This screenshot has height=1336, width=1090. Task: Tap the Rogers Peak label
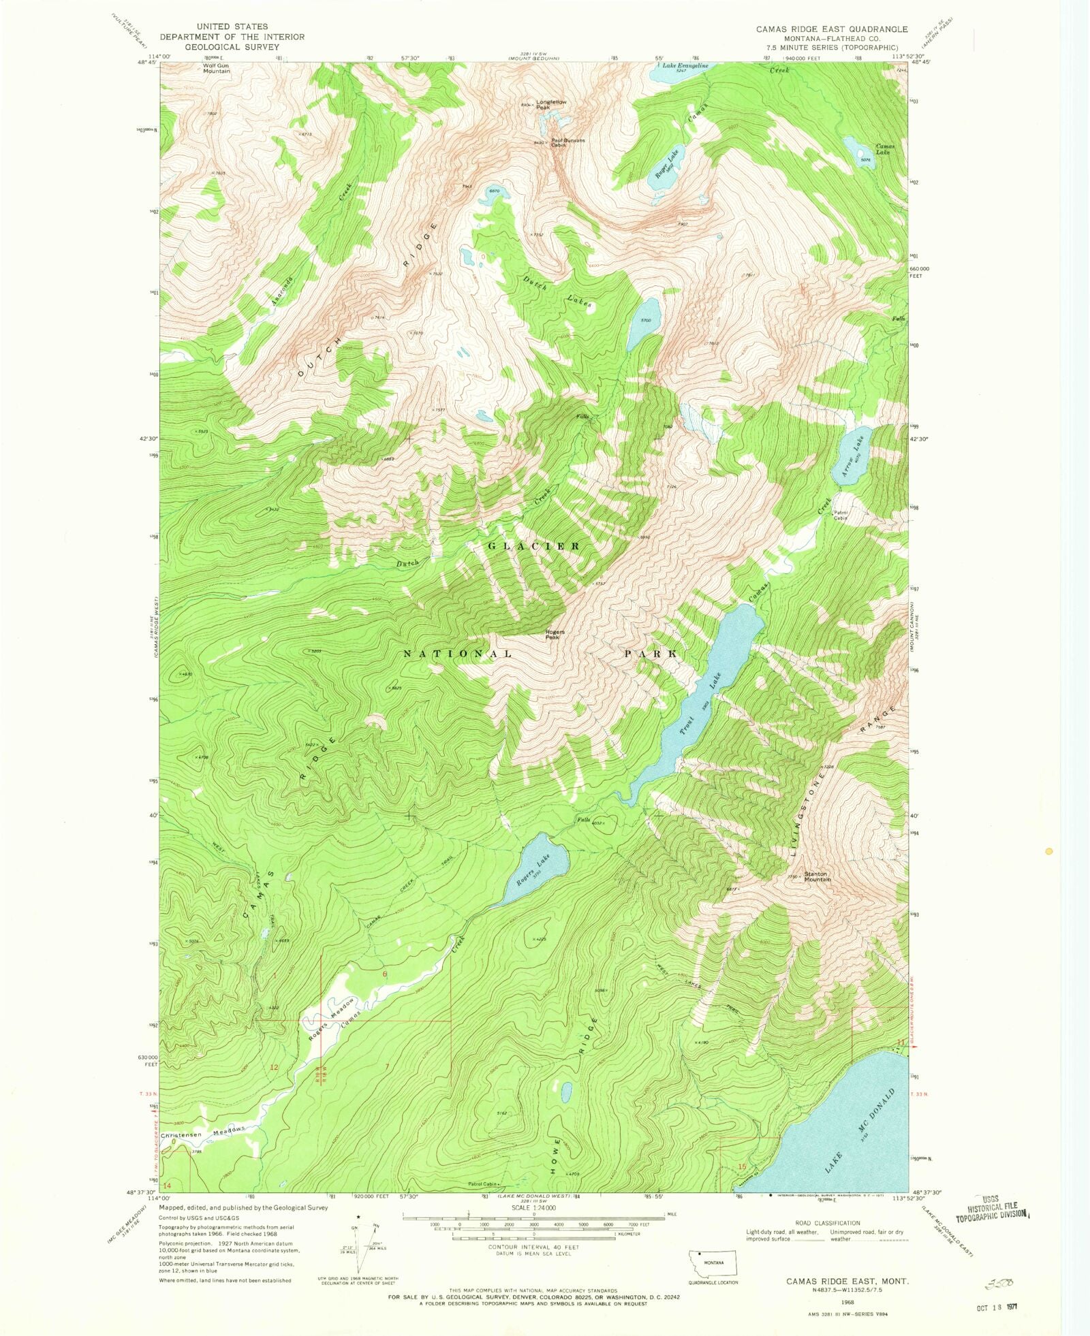coord(552,635)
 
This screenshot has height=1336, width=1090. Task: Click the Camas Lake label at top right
coord(885,149)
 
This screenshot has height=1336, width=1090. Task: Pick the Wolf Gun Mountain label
coord(216,68)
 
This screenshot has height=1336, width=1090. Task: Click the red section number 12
coord(274,1067)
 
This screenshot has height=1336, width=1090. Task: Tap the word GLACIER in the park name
coord(533,546)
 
